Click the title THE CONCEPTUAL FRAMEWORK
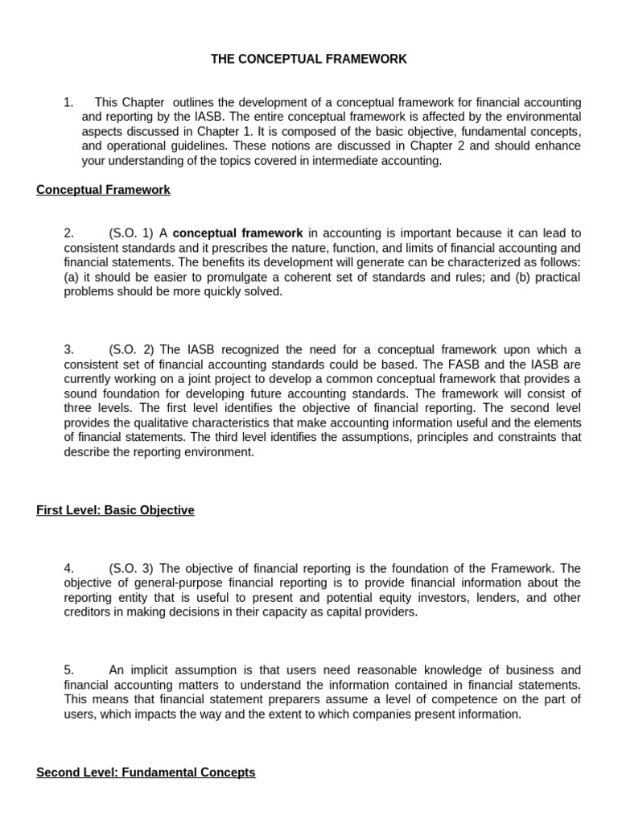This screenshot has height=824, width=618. (309, 59)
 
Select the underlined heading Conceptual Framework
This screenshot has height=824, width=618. (103, 190)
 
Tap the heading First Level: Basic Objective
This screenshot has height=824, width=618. (115, 510)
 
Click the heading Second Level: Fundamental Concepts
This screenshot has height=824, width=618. (146, 772)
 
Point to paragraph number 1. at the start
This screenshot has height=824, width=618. (68, 102)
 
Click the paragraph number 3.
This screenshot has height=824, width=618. (69, 350)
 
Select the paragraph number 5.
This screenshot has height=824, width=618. (69, 670)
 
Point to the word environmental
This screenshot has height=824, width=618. (536, 117)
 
